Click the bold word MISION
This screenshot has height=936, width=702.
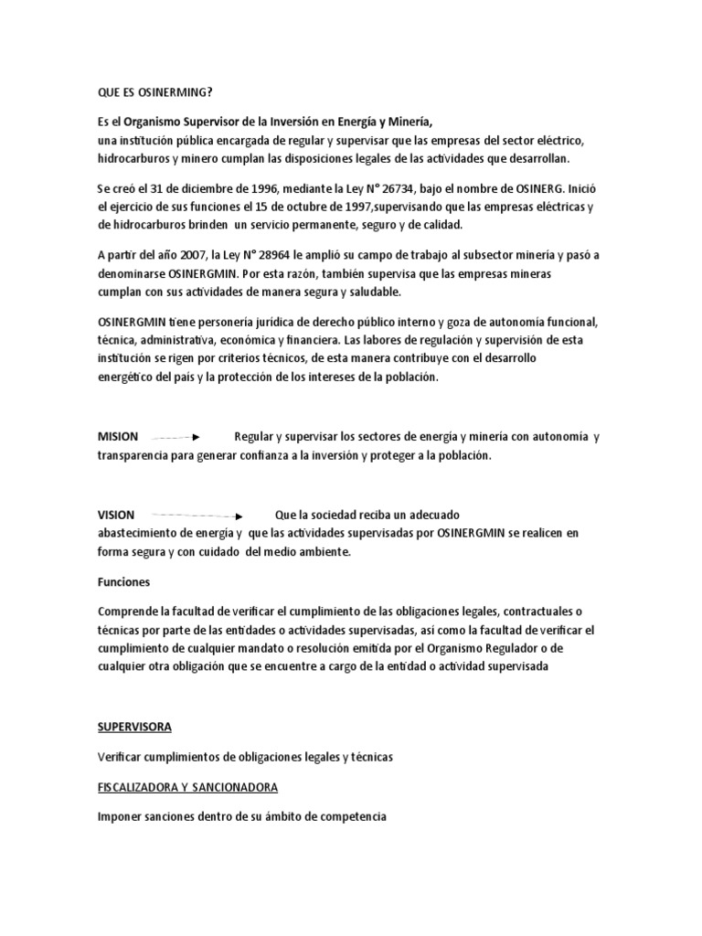point(118,437)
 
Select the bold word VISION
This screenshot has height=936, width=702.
point(116,515)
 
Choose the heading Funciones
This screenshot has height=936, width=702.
point(123,580)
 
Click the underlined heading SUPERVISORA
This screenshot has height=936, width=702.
point(134,727)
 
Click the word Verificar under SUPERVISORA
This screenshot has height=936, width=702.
point(122,757)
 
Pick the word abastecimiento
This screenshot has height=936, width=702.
point(143,532)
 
